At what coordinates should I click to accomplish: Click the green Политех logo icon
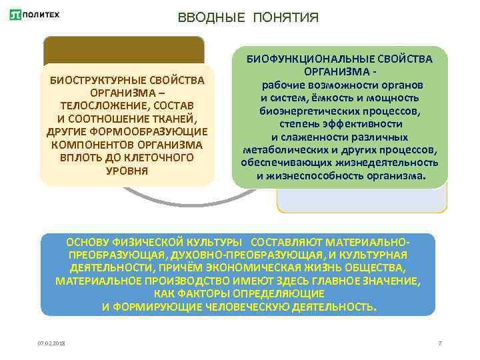click(x=15, y=15)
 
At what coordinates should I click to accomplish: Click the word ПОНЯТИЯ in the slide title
click(x=286, y=17)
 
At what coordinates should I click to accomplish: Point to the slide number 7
click(x=440, y=343)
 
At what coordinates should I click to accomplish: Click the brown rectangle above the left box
click(x=123, y=50)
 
